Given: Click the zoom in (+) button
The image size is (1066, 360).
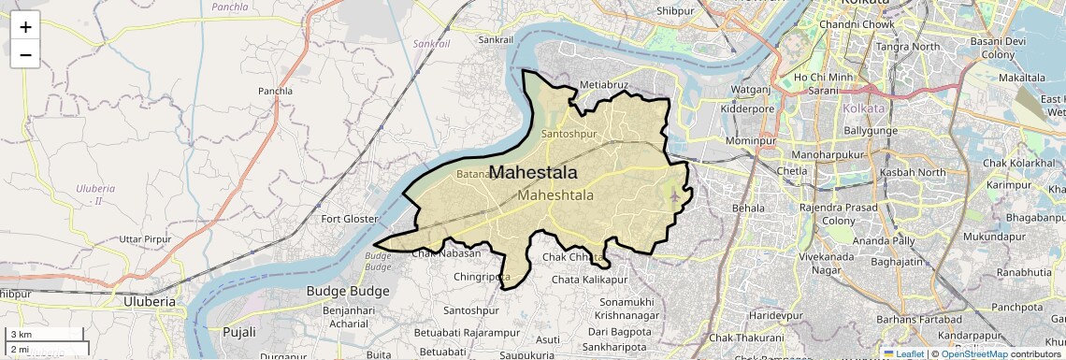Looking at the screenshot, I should coord(25,27).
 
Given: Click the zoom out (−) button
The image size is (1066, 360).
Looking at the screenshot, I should coord(25,54).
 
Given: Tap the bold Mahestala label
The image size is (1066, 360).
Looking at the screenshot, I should coord(533,173).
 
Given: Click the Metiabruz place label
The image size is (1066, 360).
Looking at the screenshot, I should coord(604,84).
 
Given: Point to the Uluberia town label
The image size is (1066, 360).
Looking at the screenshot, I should coord(150,302).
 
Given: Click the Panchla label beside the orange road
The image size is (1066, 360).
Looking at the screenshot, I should coord(275,92).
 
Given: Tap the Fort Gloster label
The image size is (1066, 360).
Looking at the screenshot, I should coord(349,219).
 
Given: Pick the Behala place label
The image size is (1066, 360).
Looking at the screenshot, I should coord(748,208).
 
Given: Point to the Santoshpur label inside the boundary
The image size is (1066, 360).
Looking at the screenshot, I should coord(569,134).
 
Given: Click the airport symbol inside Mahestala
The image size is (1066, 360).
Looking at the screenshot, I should coord(675,196).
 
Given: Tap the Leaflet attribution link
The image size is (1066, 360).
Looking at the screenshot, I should coord(904,353).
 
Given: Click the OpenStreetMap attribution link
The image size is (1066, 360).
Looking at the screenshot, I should coord(973,353).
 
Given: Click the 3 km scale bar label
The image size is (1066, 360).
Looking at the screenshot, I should coord(22,334).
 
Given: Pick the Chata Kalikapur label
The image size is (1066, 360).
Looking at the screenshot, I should coord(589,280).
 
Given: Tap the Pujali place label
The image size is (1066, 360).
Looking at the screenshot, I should coord(239,332).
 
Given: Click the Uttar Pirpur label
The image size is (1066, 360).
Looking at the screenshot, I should coord(145,240).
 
